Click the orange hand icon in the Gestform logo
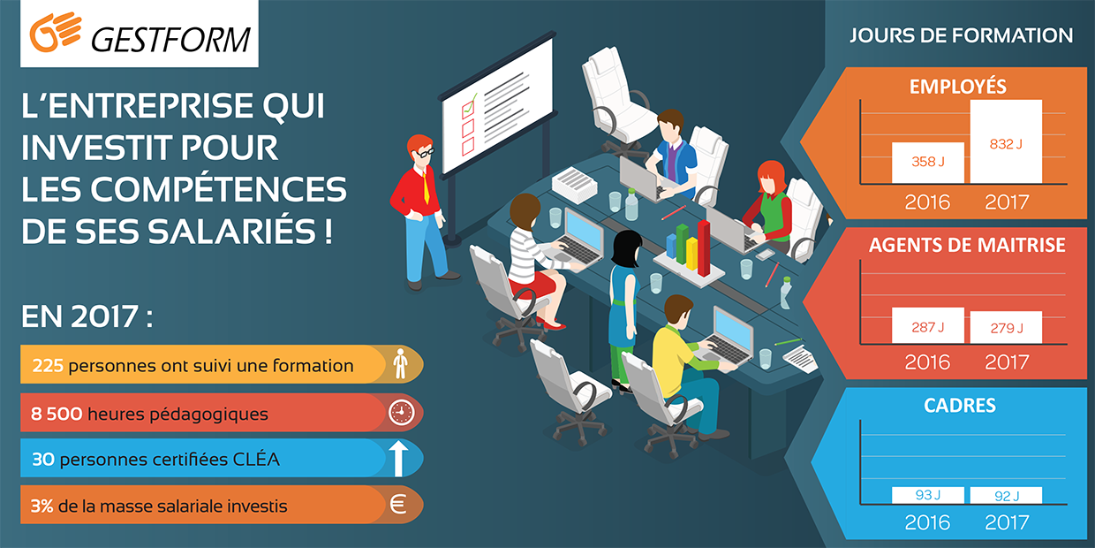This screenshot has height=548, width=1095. [56, 32]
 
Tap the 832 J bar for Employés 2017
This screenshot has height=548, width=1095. [1006, 141]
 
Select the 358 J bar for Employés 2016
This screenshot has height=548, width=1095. [928, 163]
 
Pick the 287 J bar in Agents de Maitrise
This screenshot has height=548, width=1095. [928, 325]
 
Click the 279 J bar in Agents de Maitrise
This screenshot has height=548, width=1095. [1006, 327]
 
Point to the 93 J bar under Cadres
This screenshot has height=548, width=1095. [928, 495]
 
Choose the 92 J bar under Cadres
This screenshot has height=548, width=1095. [1006, 495]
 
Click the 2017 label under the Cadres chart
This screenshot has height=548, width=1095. [1007, 522]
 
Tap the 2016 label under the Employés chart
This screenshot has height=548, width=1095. [927, 202]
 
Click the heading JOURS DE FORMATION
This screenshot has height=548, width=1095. [961, 35]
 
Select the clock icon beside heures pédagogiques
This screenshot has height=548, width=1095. [401, 413]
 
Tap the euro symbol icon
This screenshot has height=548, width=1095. [398, 505]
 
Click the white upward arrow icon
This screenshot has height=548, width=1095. [399, 459]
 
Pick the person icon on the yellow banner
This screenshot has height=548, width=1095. [400, 363]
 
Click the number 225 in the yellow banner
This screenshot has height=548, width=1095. [48, 366]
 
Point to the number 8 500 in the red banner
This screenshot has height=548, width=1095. [57, 414]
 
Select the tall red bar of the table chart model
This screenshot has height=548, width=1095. [704, 248]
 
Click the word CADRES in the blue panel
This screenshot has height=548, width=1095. [960, 406]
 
